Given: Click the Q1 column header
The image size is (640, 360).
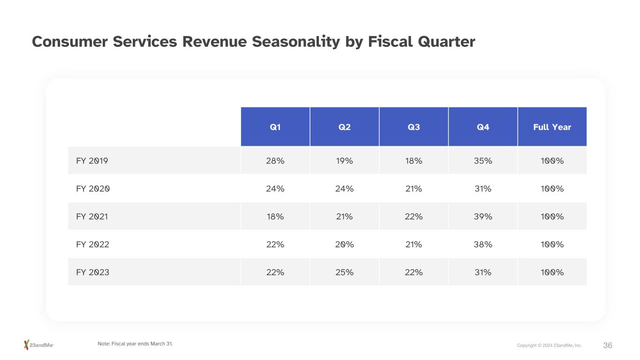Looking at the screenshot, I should click(x=275, y=127).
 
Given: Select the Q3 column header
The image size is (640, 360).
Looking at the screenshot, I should click(x=414, y=127).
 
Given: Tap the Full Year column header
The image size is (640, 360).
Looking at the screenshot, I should click(x=552, y=127).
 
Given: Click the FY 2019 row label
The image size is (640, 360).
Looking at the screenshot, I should click(x=92, y=161).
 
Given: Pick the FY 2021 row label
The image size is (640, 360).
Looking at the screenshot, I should click(x=92, y=217).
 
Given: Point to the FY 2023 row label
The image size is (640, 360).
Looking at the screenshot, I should click(x=92, y=272).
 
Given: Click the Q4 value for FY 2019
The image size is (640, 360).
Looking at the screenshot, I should click(x=482, y=161).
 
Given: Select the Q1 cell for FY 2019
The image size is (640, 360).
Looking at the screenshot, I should click(x=275, y=161).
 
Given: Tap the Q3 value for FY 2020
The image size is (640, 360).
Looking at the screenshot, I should click(x=414, y=189).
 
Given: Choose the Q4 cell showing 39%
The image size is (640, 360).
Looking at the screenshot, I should click(x=482, y=217).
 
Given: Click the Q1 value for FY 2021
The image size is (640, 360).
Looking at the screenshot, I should click(x=275, y=217).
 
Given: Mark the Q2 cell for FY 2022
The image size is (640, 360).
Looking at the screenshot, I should click(x=344, y=245).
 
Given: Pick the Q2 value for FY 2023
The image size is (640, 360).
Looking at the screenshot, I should click(x=344, y=272).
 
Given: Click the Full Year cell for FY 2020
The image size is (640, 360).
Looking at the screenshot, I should click(x=552, y=189).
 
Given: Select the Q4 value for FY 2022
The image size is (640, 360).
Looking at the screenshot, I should click(x=482, y=245).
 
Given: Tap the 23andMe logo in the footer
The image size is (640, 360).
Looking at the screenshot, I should click(x=39, y=345).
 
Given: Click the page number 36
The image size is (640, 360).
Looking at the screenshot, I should click(x=608, y=345).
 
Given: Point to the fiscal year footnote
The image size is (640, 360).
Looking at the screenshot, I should click(x=135, y=344).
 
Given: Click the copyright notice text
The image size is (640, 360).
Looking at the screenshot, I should click(x=549, y=345).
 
